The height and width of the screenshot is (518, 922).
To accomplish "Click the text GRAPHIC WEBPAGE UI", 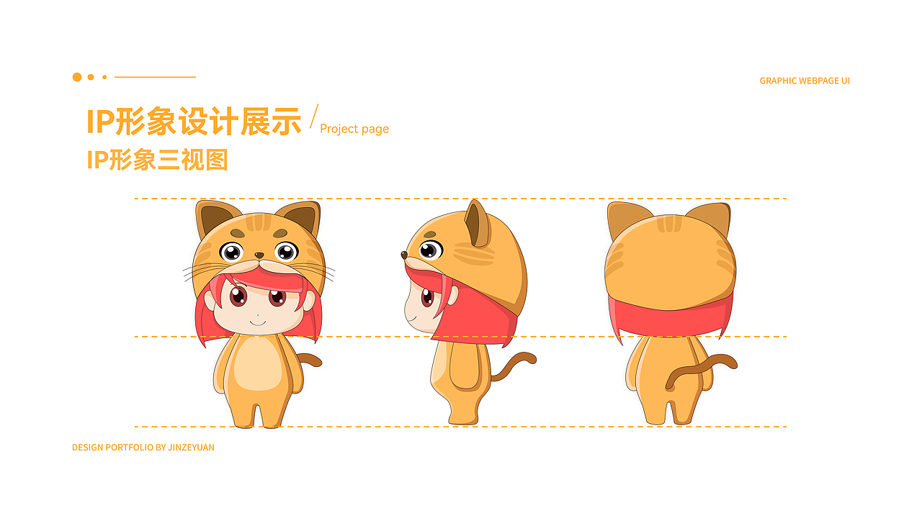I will (805, 81).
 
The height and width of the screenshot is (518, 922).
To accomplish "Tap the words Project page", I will (354, 129).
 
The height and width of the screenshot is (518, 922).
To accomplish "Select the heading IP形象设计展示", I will (194, 121).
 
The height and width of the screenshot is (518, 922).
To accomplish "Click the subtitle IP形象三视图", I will (157, 159).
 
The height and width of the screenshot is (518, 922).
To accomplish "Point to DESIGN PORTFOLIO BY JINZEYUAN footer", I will (143, 447).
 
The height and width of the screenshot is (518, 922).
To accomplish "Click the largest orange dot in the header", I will (77, 77).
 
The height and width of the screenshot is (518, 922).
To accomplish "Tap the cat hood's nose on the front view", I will (259, 255).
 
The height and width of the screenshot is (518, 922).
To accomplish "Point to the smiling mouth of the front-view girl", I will (258, 321).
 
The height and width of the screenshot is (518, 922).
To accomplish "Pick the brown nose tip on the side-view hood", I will (403, 254).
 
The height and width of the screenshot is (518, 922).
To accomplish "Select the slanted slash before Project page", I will (313, 117).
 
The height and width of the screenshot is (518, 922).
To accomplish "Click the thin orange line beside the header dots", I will (155, 77).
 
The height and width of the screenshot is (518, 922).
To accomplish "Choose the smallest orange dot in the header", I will (104, 77).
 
